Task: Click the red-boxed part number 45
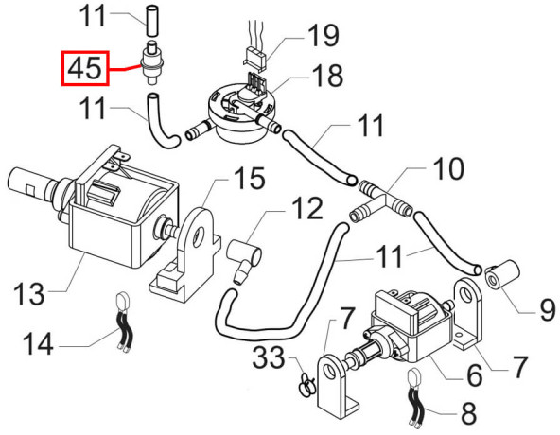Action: (84, 68)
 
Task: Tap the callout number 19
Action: (324, 35)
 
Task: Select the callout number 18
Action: (327, 76)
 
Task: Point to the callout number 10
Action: (448, 168)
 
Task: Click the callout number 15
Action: (250, 178)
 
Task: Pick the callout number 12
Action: (307, 208)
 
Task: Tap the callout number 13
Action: (29, 293)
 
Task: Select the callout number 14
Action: (38, 343)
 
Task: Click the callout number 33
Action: (269, 357)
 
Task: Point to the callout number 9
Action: (547, 309)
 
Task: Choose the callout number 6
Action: (475, 374)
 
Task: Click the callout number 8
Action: (469, 412)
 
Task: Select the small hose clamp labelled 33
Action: (306, 384)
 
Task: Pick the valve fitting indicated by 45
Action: (152, 62)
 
